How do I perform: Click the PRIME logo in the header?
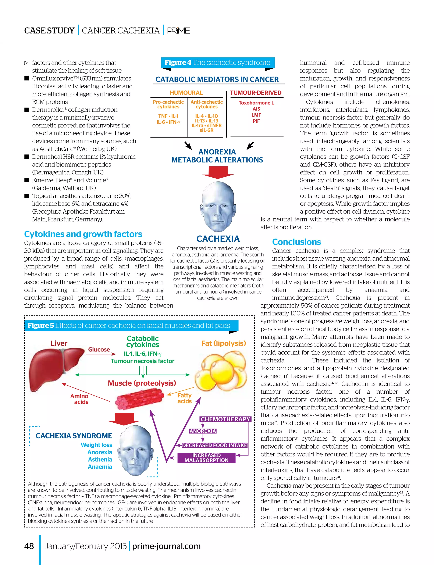click(178, 31)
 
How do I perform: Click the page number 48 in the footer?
click(29, 546)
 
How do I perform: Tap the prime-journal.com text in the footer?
click(166, 546)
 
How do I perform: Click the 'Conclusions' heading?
click(296, 242)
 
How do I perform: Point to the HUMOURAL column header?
click(186, 93)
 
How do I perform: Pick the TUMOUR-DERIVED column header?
click(256, 93)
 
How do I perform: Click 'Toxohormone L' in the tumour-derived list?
click(256, 103)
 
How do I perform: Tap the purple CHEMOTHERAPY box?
click(225, 419)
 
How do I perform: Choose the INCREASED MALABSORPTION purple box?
click(206, 458)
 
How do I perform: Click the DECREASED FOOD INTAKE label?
click(214, 445)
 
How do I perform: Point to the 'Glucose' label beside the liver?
click(99, 349)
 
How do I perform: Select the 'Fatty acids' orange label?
click(184, 398)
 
